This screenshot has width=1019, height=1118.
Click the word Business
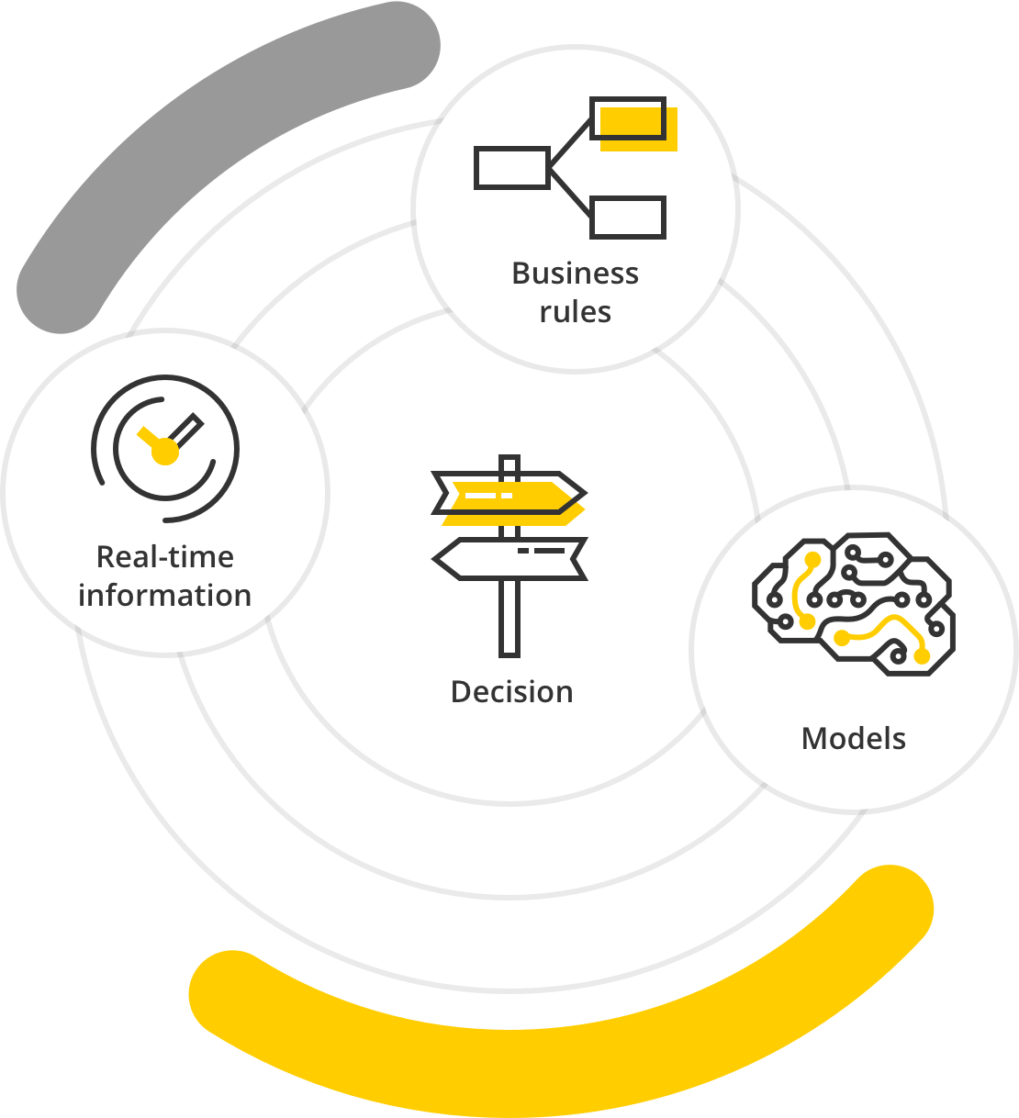tap(576, 274)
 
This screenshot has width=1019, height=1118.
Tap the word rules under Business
tap(576, 311)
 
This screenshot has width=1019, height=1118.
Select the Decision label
tap(511, 692)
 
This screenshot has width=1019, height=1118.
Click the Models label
tap(854, 739)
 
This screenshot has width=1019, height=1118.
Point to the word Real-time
tap(165, 557)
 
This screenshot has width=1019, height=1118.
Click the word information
tap(165, 595)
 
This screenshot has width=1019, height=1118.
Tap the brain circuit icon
tap(854, 604)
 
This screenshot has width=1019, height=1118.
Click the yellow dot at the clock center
tap(165, 451)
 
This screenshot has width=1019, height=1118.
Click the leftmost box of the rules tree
tap(511, 168)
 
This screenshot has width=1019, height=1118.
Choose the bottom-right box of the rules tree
tap(628, 218)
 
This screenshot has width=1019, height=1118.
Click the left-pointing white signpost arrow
tap(510, 559)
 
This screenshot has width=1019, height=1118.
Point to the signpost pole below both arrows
tap(509, 619)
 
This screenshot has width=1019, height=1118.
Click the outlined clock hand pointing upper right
tap(185, 430)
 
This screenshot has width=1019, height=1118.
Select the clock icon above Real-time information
tap(165, 449)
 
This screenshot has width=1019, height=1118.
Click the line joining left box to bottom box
tap(570, 192)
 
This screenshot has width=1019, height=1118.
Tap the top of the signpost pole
tap(509, 457)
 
